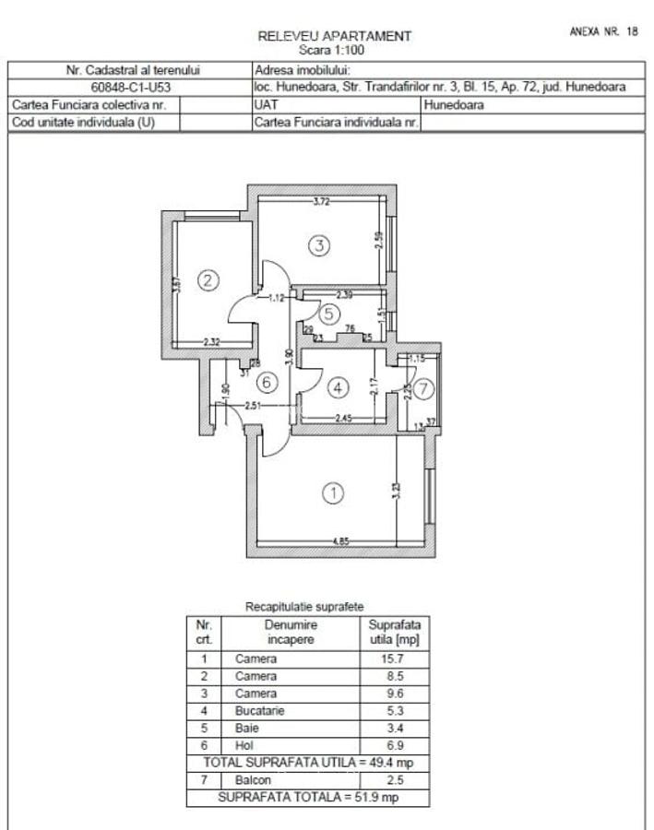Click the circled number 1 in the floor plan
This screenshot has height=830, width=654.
pyautogui.click(x=334, y=492)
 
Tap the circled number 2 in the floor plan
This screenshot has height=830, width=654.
pyautogui.click(x=209, y=281)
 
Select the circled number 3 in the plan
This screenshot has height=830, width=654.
pyautogui.click(x=318, y=246)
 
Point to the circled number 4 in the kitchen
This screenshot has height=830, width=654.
pyautogui.click(x=338, y=386)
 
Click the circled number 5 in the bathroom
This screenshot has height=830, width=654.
pyautogui.click(x=329, y=314)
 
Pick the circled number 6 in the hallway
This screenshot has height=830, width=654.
pyautogui.click(x=266, y=382)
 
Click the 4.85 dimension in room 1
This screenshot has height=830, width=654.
pyautogui.click(x=338, y=541)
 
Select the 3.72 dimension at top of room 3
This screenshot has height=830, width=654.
pyautogui.click(x=321, y=201)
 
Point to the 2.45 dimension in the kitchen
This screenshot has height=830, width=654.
pyautogui.click(x=343, y=419)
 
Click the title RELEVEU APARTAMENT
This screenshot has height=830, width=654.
pyautogui.click(x=334, y=36)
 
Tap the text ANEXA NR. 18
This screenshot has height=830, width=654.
pyautogui.click(x=603, y=31)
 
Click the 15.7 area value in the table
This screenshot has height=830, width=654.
pyautogui.click(x=394, y=659)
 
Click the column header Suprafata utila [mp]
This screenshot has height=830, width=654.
pyautogui.click(x=394, y=631)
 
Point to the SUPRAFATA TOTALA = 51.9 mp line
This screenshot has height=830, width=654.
pyautogui.click(x=308, y=798)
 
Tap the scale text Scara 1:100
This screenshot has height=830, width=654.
pyautogui.click(x=334, y=50)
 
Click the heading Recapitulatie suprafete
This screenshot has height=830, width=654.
pyautogui.click(x=304, y=607)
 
